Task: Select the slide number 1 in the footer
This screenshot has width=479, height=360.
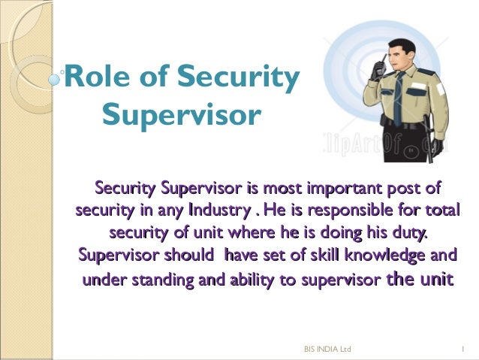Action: point(465,349)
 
